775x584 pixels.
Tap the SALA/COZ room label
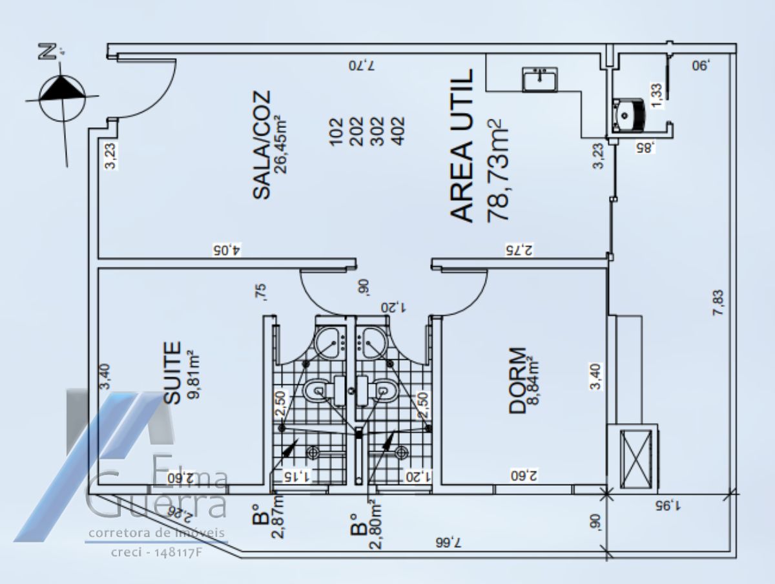(x=262, y=145)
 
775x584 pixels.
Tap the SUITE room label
(x=172, y=373)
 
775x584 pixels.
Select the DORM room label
(x=517, y=381)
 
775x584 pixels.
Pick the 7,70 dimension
(x=362, y=65)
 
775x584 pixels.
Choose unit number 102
(x=336, y=132)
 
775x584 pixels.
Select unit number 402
(x=398, y=132)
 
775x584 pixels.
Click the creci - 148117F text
(x=157, y=553)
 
